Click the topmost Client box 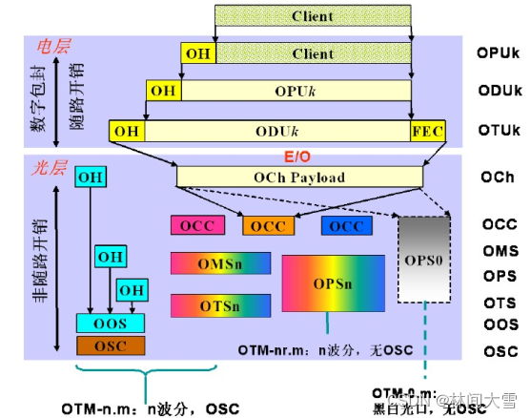point(313,16)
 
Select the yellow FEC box point(427,129)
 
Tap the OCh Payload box point(298,177)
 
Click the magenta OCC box point(197,226)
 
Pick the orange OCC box point(269,226)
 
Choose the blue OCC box point(346,226)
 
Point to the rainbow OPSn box point(333,283)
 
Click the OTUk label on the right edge point(498,129)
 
